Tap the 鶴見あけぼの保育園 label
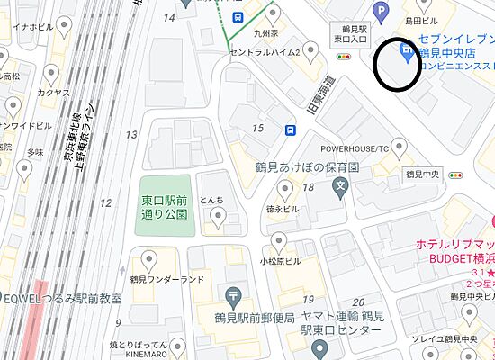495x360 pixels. [307, 168]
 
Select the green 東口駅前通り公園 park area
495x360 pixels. [164, 207]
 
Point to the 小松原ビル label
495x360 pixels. [279, 261]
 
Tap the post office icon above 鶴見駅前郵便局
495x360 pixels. [234, 294]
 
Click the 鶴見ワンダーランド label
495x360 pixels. [166, 279]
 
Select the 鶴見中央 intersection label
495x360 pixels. [422, 175]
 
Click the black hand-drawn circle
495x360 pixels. [396, 63]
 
